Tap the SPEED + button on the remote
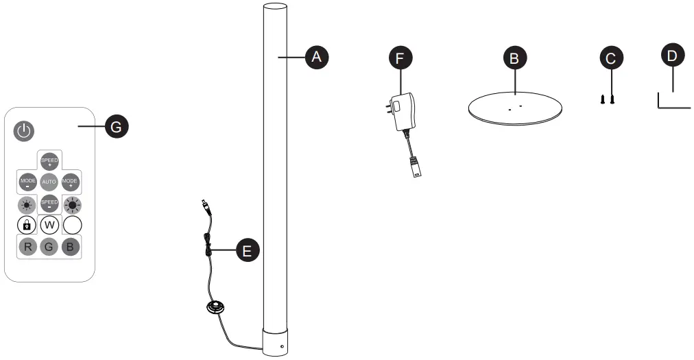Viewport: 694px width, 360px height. pyautogui.click(x=49, y=162)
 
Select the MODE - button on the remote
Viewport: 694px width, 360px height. pyautogui.click(x=27, y=182)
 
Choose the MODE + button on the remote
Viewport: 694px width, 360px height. pyautogui.click(x=71, y=182)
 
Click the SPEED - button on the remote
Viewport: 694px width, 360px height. pyautogui.click(x=49, y=204)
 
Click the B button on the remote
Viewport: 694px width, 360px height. pyautogui.click(x=71, y=247)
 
